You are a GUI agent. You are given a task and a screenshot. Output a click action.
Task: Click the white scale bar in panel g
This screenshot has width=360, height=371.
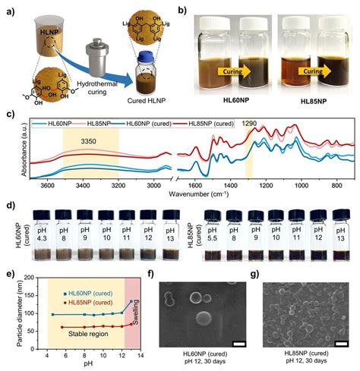tap(339, 344)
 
